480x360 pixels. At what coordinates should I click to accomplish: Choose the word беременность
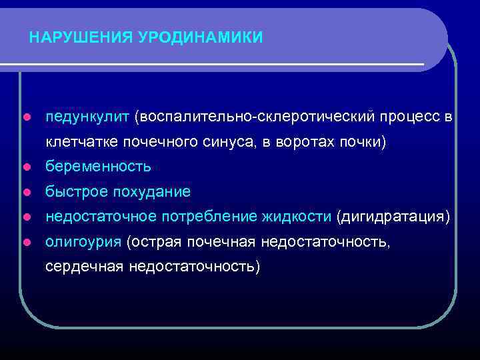[x=98, y=167]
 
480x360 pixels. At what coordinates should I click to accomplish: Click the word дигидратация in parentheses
[x=393, y=217]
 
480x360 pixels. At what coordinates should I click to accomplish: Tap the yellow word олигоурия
[x=83, y=241]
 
